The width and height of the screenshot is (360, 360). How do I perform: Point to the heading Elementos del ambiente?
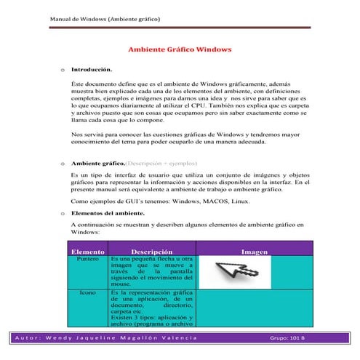[108, 213]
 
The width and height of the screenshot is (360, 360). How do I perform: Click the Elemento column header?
[87, 251]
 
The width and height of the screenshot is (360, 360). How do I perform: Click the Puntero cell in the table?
[87, 259]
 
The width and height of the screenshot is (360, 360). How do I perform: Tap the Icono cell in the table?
[87, 292]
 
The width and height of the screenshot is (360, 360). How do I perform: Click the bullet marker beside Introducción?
[63, 71]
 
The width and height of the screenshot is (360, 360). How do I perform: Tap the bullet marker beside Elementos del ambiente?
[63, 213]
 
